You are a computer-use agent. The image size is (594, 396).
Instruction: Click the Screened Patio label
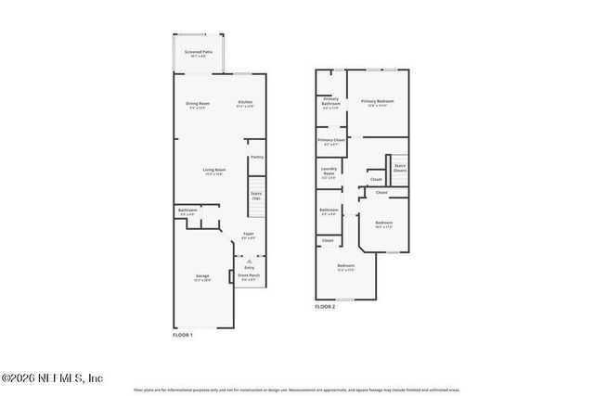pyautogui.click(x=198, y=53)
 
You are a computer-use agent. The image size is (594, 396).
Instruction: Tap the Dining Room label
pyautogui.click(x=198, y=104)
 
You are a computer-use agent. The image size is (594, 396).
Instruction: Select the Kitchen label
pyautogui.click(x=245, y=104)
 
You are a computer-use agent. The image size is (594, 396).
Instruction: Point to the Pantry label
pyautogui.click(x=257, y=157)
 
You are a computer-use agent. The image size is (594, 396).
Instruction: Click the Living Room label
pyautogui.click(x=216, y=171)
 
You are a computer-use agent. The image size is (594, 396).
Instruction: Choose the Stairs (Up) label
pyautogui.click(x=256, y=196)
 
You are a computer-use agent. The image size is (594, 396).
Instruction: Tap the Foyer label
pyautogui.click(x=249, y=236)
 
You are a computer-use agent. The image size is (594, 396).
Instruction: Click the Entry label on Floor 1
pyautogui.click(x=249, y=267)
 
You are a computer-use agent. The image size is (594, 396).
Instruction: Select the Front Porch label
pyautogui.click(x=249, y=276)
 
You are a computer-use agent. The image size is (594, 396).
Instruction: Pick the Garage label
pyautogui.click(x=201, y=277)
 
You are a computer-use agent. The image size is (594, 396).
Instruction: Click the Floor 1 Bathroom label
pyautogui.click(x=187, y=212)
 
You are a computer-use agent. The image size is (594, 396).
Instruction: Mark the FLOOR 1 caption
pyautogui.click(x=183, y=334)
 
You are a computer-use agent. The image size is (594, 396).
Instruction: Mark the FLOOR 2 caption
pyautogui.click(x=325, y=306)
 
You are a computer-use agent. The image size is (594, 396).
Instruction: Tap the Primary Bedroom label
pyautogui.click(x=378, y=102)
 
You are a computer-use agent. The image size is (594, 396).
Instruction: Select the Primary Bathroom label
pyautogui.click(x=330, y=102)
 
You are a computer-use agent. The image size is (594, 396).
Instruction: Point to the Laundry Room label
pyautogui.click(x=329, y=172)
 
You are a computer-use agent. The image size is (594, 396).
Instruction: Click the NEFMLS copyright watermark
pyautogui.click(x=52, y=377)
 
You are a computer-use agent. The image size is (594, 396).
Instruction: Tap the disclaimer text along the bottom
pyautogui.click(x=297, y=390)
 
